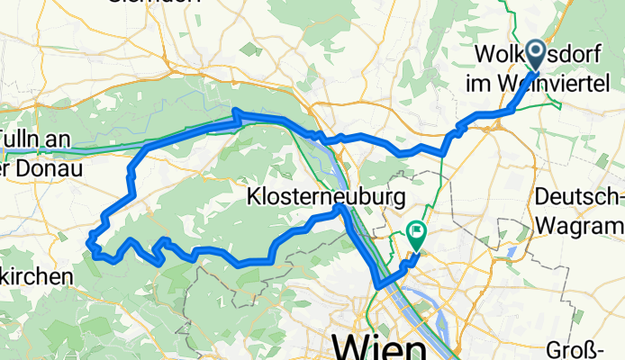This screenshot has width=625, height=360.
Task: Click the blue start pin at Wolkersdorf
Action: point(534,53)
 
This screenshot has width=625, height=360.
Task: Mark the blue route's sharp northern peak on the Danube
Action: point(236,111)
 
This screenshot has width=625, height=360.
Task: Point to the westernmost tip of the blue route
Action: point(88,239)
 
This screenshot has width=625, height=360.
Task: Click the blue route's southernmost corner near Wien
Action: point(376,287)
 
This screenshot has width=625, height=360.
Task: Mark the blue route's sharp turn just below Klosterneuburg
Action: point(340,209)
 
